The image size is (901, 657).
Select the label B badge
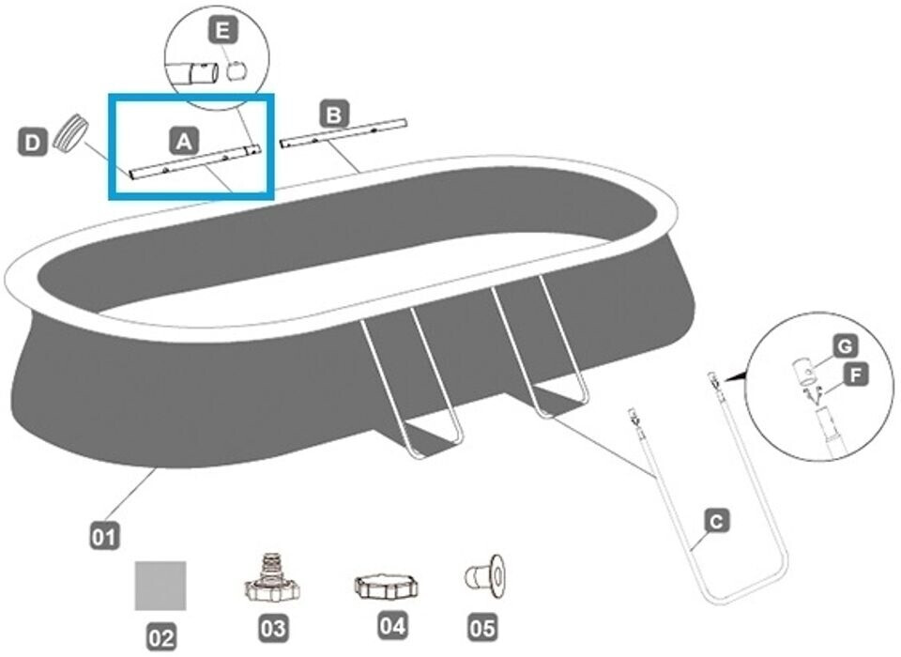(x=333, y=115)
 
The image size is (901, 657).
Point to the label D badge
(x=33, y=143)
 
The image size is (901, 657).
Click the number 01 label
(x=104, y=537)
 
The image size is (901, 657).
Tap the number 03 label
(x=274, y=627)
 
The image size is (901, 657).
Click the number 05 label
(x=483, y=626)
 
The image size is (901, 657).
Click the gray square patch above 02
(x=160, y=586)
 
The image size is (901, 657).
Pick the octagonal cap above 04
(x=387, y=586)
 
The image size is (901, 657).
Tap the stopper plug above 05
(x=484, y=576)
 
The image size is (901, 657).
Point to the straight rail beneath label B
(x=344, y=131)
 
